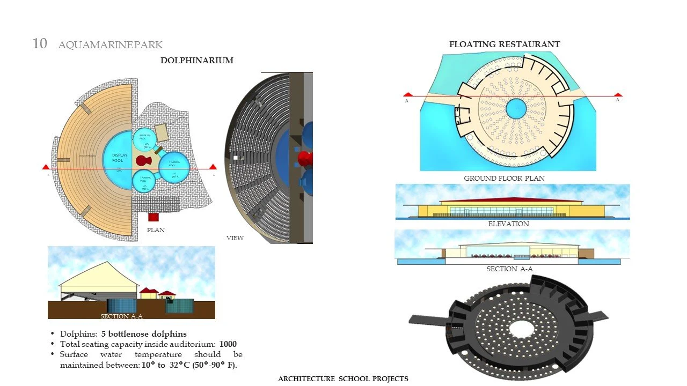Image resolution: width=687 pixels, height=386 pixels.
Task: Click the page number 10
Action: (x=40, y=44)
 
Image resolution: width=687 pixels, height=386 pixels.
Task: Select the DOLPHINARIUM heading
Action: (x=197, y=61)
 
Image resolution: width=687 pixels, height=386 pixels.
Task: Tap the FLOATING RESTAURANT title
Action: (x=505, y=44)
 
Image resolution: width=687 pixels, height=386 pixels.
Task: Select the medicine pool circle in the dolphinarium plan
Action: (x=144, y=139)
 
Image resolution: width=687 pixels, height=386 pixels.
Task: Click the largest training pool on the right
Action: (x=174, y=168)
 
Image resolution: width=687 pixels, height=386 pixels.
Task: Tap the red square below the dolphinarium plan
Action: (x=154, y=217)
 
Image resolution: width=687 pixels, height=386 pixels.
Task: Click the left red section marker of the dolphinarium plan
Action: (x=46, y=167)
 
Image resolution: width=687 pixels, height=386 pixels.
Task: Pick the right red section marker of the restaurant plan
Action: (x=618, y=94)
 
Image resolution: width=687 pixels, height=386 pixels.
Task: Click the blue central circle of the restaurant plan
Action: (x=516, y=109)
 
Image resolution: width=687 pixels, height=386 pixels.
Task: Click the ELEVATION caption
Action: (x=508, y=224)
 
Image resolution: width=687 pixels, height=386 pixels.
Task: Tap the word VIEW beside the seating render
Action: (x=235, y=237)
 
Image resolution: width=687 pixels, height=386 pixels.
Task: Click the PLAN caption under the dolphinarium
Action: (x=156, y=230)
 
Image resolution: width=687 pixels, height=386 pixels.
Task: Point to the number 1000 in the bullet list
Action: (x=228, y=344)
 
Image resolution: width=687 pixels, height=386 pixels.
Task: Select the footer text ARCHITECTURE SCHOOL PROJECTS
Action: (x=343, y=379)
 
